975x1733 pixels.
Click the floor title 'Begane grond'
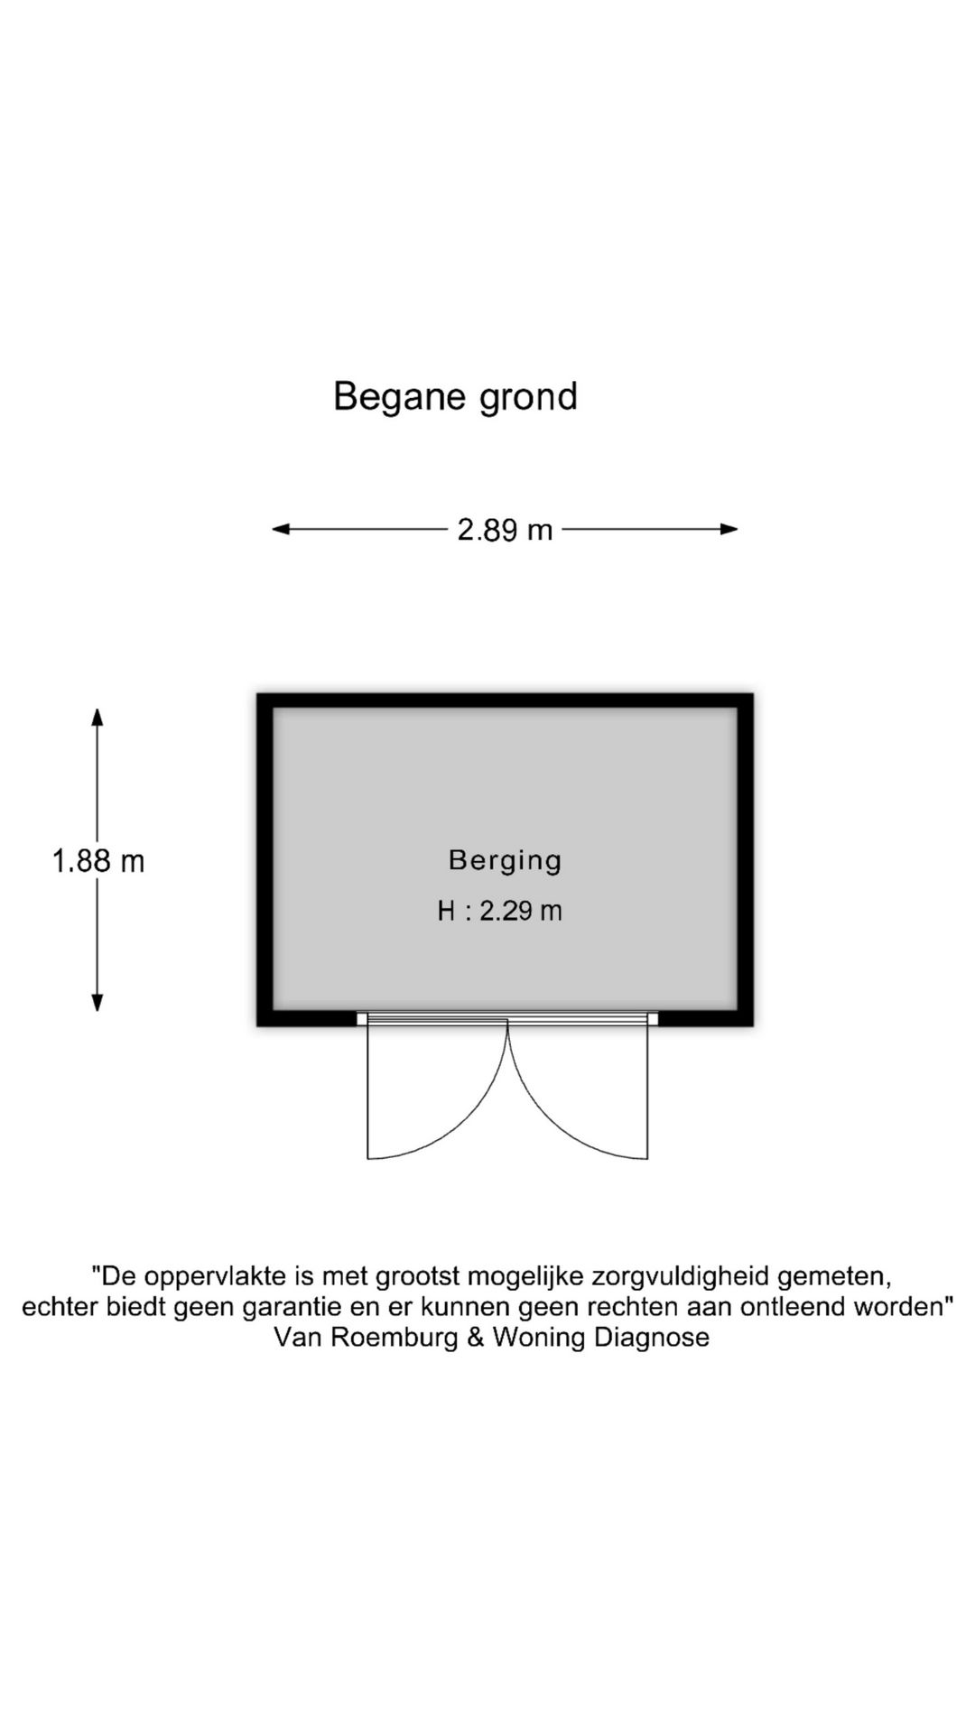tap(455, 397)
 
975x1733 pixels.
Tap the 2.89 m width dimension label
tap(505, 530)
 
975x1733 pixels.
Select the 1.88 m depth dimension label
tap(98, 861)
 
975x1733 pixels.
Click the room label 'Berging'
tap(505, 860)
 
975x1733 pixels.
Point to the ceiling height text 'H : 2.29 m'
tap(499, 911)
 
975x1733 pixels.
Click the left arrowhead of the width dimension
tap(281, 530)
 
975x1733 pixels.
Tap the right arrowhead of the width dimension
tap(729, 530)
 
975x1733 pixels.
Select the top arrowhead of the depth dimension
tap(97, 717)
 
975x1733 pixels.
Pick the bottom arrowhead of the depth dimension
tap(97, 1003)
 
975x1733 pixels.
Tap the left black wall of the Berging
tap(265, 860)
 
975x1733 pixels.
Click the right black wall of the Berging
tap(746, 860)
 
